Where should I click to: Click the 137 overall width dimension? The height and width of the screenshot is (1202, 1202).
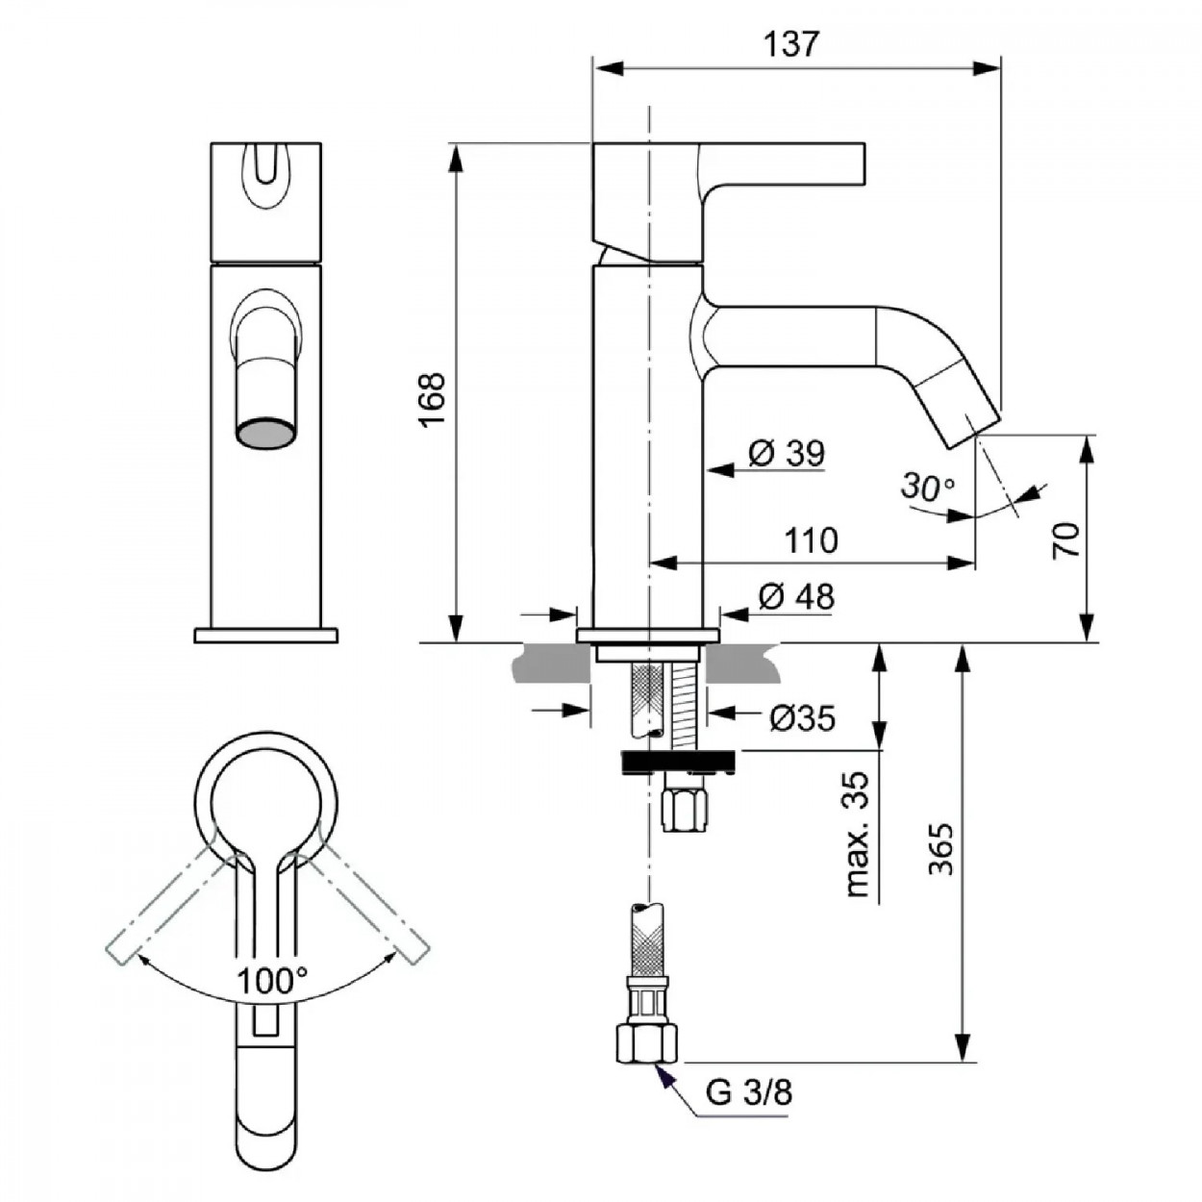pos(790,44)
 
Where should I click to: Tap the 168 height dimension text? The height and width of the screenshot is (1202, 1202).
pos(433,399)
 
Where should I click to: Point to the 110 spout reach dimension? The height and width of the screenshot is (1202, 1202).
pos(811,540)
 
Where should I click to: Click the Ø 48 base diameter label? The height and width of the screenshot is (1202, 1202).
pos(796,597)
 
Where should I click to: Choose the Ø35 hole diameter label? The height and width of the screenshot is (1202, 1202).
pos(802,718)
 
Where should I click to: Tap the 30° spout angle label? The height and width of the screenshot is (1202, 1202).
pos(928,488)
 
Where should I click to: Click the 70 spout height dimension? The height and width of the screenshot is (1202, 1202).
pos(1066,540)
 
